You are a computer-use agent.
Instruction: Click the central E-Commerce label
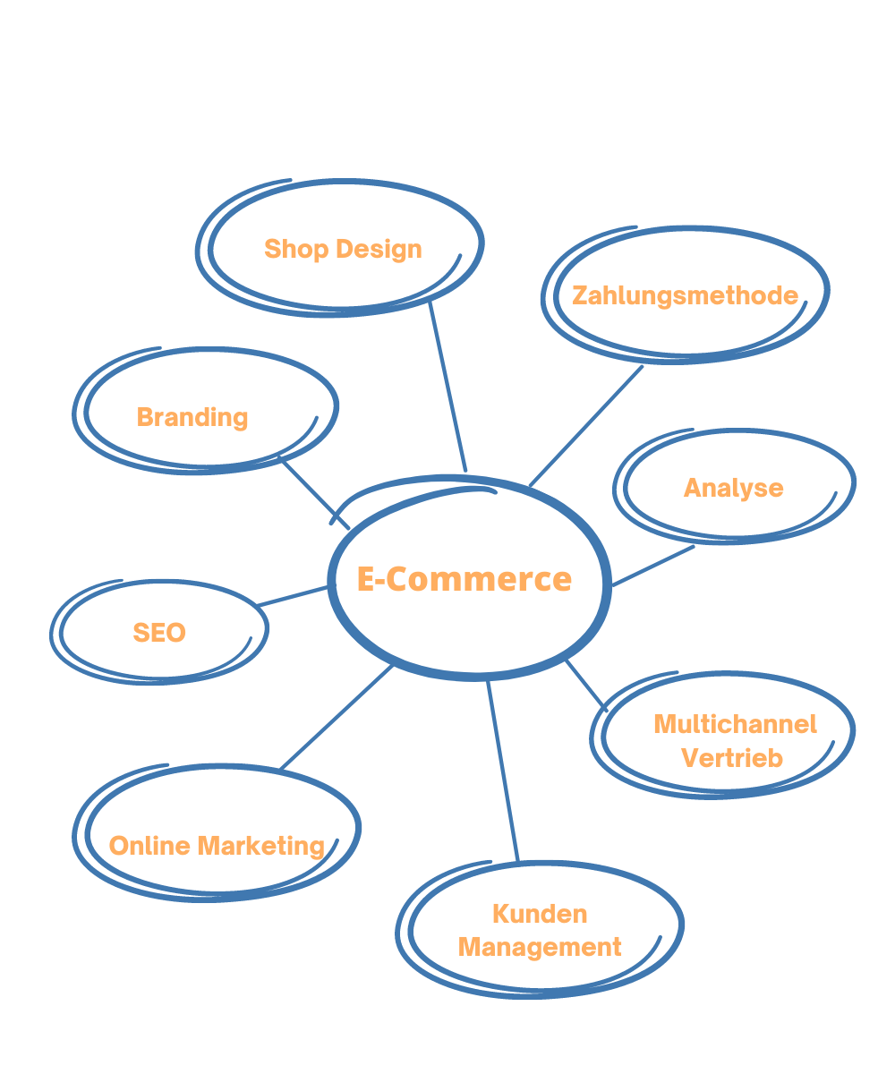click(464, 579)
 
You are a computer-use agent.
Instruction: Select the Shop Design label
click(343, 249)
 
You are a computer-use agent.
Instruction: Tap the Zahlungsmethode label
click(685, 295)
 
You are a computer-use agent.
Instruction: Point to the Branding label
click(192, 417)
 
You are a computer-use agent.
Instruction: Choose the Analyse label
click(733, 488)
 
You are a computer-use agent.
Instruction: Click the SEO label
click(159, 633)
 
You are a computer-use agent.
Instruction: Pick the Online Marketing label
click(217, 846)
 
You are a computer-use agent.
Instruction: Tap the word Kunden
click(540, 914)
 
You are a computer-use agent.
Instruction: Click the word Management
click(540, 947)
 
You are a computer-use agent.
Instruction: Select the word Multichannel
click(735, 723)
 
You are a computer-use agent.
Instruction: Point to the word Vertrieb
click(732, 757)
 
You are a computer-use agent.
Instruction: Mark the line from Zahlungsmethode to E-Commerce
click(587, 426)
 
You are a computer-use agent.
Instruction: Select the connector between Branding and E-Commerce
click(315, 493)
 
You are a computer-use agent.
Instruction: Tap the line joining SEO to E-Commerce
click(294, 596)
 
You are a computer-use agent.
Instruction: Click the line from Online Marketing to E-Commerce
click(337, 717)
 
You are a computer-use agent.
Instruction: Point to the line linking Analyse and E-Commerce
click(653, 566)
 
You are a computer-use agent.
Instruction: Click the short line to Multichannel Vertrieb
click(586, 686)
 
